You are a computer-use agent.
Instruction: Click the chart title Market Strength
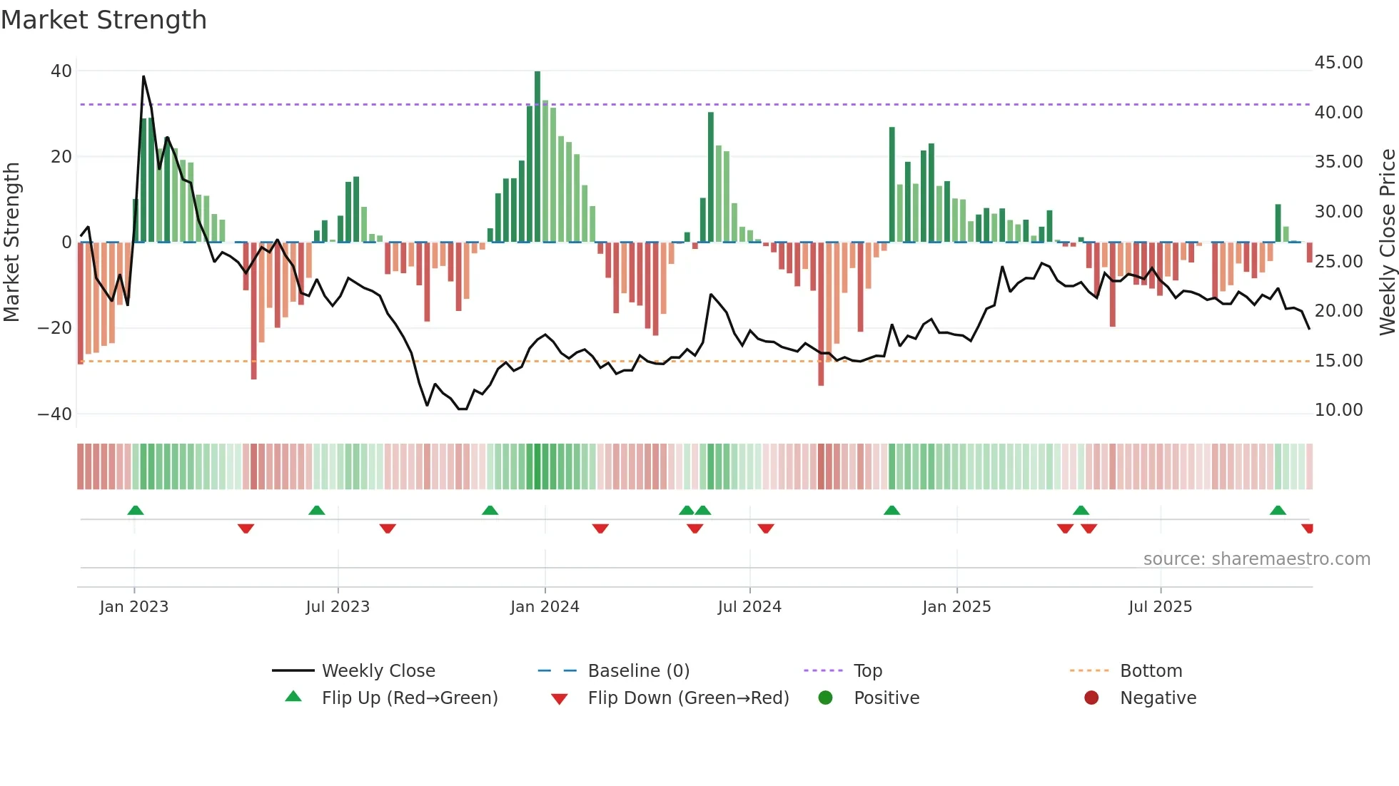(x=103, y=20)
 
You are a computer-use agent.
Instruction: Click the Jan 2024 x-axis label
(x=545, y=607)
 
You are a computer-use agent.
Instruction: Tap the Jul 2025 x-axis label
(x=1160, y=607)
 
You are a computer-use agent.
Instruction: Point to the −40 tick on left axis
(x=55, y=414)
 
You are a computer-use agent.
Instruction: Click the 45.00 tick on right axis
(x=1338, y=63)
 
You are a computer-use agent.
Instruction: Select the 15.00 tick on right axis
(x=1338, y=361)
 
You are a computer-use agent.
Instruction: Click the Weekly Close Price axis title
(x=1387, y=243)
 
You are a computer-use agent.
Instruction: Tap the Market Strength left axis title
(x=11, y=243)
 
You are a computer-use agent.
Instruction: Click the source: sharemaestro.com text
(x=1256, y=559)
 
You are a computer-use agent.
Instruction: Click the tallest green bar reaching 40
(x=537, y=157)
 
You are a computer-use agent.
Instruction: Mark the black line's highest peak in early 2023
(x=143, y=76)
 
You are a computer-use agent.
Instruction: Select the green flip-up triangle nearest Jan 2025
(x=892, y=511)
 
